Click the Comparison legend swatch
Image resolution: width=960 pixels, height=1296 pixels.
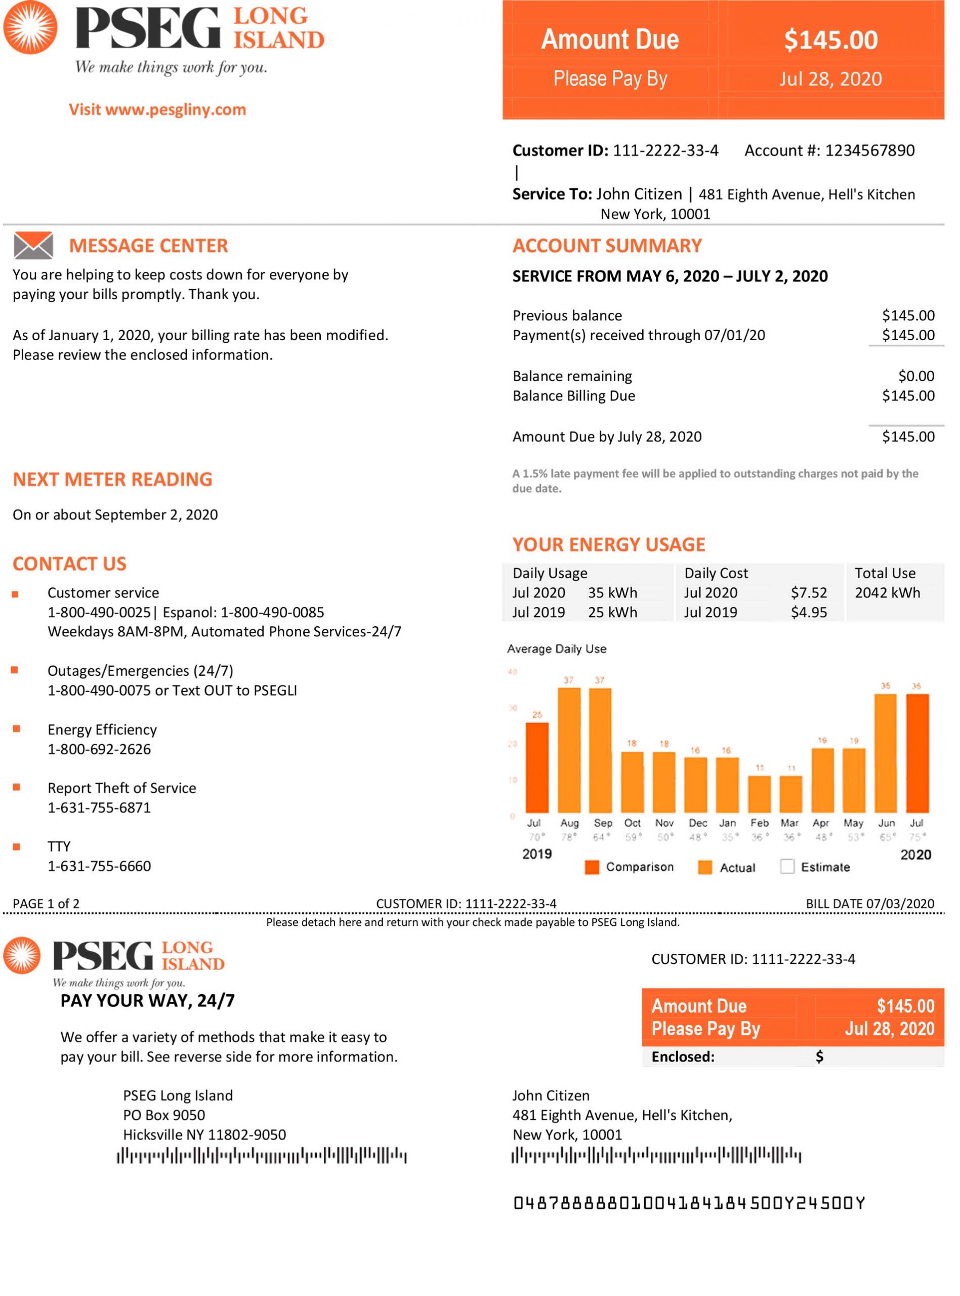click(x=592, y=867)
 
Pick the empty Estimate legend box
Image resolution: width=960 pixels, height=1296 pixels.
click(x=787, y=867)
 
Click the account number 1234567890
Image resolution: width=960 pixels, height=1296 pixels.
click(x=869, y=150)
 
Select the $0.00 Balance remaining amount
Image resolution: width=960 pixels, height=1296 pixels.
click(x=916, y=376)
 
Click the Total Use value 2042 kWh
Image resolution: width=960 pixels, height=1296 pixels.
click(x=887, y=593)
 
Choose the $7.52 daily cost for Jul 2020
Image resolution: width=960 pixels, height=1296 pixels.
click(x=808, y=593)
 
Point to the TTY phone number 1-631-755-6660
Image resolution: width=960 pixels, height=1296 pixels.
click(x=99, y=866)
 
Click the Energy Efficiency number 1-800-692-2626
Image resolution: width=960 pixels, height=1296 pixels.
click(x=99, y=749)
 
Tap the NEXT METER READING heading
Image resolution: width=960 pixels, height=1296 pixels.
click(x=113, y=479)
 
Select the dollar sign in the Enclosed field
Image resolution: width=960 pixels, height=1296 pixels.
click(x=819, y=1057)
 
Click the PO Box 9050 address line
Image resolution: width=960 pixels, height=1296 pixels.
click(x=164, y=1115)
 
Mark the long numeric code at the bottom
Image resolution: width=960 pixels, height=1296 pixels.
click(x=689, y=1203)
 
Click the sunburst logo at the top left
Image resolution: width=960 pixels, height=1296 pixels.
click(x=30, y=27)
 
